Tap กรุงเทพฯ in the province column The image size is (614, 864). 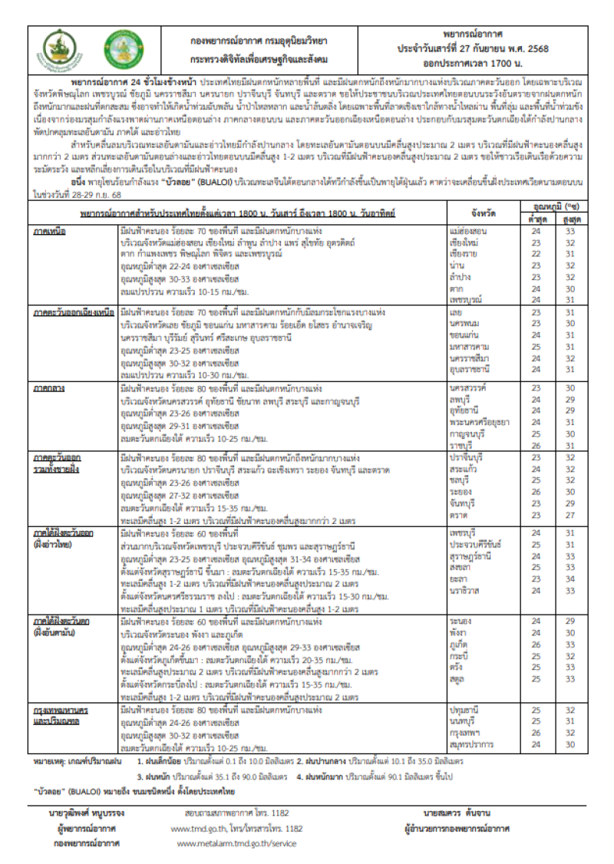[466, 732]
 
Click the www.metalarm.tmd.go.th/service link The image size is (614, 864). [236, 843]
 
